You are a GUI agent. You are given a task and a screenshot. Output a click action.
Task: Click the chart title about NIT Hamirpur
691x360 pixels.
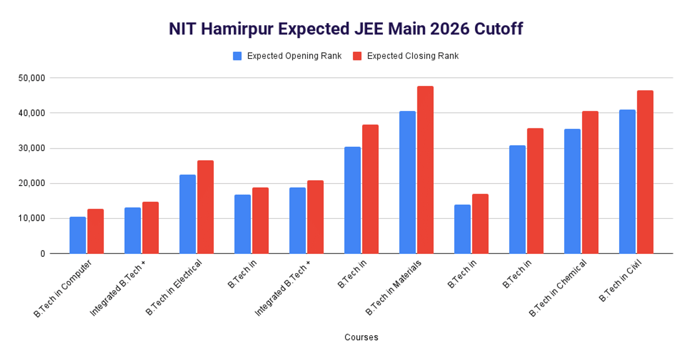point(345,29)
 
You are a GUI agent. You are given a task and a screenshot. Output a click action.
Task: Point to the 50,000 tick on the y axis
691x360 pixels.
point(48,78)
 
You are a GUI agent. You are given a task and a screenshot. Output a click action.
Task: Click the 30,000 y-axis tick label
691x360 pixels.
point(48,148)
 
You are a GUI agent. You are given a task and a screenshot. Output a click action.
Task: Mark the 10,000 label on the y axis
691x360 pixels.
point(48,218)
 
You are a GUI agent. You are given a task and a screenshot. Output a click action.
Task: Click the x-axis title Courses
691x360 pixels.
point(361,338)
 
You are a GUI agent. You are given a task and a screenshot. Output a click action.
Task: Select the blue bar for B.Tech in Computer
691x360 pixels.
point(78,235)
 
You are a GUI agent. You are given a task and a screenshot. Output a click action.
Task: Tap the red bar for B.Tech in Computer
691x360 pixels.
point(96,231)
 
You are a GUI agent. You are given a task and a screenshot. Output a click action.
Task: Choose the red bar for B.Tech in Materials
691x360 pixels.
point(425,170)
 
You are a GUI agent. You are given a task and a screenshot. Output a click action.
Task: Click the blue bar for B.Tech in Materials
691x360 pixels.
point(407,182)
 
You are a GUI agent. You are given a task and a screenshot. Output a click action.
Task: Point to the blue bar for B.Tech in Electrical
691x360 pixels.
point(188,214)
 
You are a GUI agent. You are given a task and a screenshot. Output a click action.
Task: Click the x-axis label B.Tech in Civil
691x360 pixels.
point(621,281)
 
